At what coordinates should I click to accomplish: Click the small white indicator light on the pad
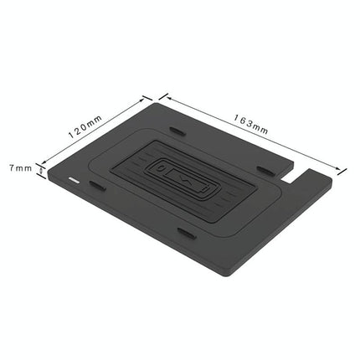(75, 180)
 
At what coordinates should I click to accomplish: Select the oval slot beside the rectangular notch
(267, 171)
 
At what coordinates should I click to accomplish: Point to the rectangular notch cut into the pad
(295, 178)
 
